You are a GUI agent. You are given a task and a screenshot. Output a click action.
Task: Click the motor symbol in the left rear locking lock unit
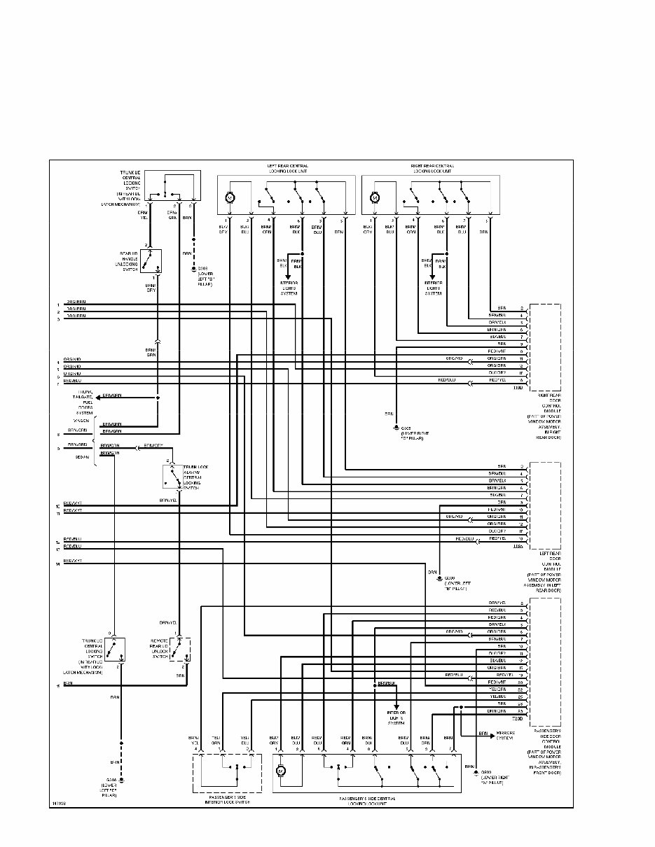tap(229, 197)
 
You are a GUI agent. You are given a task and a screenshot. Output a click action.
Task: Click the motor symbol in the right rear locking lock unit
tap(374, 197)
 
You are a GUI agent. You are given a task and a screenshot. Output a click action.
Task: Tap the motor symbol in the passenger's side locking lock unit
tap(280, 770)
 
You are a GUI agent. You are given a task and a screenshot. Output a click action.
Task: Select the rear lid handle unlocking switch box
tap(151, 261)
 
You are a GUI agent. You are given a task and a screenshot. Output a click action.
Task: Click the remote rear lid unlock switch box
tap(179, 649)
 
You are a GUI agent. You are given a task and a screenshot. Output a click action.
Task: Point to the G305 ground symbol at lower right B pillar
tap(397, 426)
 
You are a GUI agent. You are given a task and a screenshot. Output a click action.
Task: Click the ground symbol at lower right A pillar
tap(475, 773)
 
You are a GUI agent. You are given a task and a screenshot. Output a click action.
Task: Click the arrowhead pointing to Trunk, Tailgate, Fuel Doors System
tap(99, 397)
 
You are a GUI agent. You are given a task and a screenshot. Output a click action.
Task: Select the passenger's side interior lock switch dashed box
tap(226, 773)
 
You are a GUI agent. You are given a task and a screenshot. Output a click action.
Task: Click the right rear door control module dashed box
tap(545, 347)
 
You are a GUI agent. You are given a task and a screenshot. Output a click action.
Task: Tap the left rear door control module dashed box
tap(545, 505)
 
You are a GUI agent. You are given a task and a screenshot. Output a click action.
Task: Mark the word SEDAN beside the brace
tap(82, 456)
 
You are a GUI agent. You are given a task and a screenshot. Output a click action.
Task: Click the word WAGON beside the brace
tap(81, 420)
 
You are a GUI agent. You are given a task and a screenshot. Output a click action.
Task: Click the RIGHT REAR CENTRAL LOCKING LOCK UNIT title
tap(432, 168)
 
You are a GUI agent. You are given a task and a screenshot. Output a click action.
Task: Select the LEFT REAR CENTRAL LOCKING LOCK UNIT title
tap(287, 168)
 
